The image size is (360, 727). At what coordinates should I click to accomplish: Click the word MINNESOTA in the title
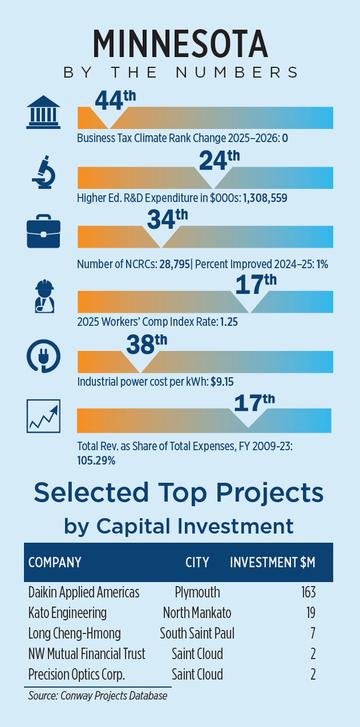point(180,43)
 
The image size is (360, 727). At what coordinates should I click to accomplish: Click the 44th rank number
point(109,100)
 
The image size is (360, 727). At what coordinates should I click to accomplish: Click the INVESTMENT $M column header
point(273,563)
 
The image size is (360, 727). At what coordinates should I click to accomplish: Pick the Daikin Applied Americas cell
point(84,593)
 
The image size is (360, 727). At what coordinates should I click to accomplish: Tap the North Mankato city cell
point(197,613)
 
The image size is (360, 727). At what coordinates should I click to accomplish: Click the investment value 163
point(308,593)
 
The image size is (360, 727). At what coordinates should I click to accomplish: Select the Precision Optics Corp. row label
point(77,674)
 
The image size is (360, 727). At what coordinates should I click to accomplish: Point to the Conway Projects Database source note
point(98,696)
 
